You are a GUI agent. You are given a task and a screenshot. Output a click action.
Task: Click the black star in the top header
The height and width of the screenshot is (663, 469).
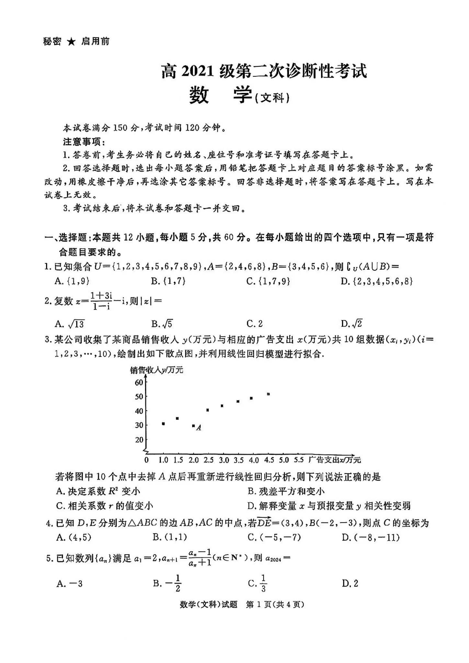click(72, 42)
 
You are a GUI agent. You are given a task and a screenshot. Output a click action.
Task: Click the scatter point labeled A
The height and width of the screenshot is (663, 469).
click(193, 426)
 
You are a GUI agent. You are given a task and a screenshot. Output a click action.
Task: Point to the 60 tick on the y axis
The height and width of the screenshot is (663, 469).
click(139, 383)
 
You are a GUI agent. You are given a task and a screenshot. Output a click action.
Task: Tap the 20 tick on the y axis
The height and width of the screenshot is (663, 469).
click(139, 440)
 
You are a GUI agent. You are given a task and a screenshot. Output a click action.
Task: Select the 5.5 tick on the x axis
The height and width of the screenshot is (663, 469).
click(299, 460)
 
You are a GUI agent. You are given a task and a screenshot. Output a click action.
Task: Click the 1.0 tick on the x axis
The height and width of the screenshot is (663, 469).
click(163, 460)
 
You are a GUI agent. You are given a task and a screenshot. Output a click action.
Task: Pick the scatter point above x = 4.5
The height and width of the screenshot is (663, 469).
click(268, 394)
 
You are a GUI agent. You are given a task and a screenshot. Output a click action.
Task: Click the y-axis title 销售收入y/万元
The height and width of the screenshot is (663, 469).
click(156, 370)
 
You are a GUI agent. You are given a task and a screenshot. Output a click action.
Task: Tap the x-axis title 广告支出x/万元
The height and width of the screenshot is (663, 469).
click(334, 460)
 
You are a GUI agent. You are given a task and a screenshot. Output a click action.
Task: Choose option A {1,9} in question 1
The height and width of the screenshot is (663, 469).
click(72, 281)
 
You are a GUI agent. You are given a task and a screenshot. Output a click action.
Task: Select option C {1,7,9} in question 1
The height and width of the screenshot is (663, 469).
click(268, 281)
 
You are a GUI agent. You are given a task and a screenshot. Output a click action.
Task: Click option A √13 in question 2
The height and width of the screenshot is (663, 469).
click(70, 324)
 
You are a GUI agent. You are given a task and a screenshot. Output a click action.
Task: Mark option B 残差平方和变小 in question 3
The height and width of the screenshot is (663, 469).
click(286, 491)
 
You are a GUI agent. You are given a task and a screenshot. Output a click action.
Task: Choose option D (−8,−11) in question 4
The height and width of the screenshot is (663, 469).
click(371, 537)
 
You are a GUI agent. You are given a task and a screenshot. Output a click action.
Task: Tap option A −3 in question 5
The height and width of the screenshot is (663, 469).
click(69, 584)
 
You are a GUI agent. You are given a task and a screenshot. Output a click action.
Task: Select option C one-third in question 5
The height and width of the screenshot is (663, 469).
click(258, 583)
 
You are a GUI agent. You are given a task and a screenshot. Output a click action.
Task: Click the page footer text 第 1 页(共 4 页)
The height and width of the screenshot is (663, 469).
click(275, 604)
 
